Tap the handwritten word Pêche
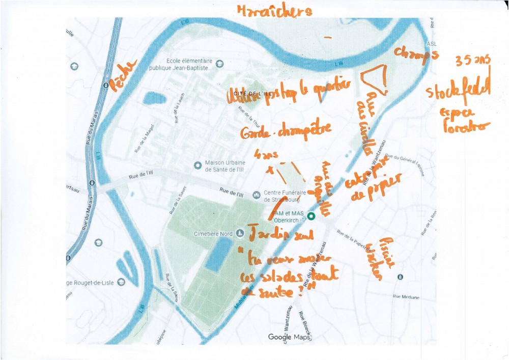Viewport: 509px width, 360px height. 124,76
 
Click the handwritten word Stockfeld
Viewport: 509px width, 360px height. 458,91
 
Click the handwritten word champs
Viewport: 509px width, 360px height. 416,56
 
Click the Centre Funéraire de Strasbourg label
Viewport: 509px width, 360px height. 285,196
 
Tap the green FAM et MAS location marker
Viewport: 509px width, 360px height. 312,216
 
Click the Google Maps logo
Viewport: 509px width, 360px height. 289,337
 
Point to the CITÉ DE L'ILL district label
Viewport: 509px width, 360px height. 249,94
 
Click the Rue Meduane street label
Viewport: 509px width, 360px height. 406,296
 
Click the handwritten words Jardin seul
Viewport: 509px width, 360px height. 278,235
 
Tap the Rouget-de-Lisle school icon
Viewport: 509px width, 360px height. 121,283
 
